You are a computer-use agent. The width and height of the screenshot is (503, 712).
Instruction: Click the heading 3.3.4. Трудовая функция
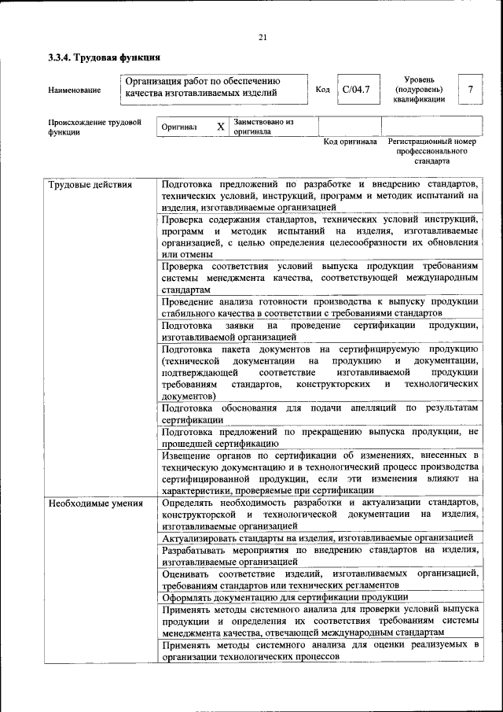coord(104,57)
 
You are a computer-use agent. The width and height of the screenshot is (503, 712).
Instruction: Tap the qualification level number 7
coord(470,90)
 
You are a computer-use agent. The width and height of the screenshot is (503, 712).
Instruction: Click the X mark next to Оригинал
coord(221,127)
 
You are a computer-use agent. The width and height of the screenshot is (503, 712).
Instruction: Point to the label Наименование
coord(74,90)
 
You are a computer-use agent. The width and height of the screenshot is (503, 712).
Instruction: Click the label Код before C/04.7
coord(322,90)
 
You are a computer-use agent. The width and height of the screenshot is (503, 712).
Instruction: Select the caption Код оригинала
coord(350,142)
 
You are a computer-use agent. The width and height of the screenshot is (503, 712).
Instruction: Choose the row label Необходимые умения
coord(95,503)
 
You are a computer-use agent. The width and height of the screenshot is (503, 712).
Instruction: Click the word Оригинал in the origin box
coord(178,127)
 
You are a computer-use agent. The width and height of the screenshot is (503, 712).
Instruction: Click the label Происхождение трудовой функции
coord(94,127)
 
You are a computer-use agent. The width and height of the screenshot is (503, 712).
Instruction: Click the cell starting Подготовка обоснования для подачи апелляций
coord(319,414)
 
